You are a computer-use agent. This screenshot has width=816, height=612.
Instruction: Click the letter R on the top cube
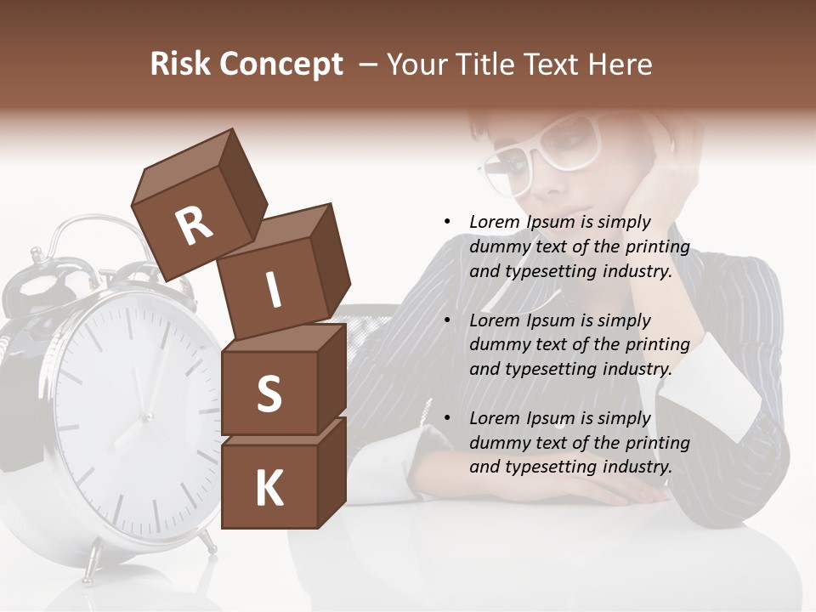[194, 226]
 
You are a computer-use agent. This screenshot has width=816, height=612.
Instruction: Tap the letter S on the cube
[269, 394]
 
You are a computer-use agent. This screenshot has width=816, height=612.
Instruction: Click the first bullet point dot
[447, 222]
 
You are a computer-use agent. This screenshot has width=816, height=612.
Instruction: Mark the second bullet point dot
[447, 320]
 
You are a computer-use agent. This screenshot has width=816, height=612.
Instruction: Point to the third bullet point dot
[447, 418]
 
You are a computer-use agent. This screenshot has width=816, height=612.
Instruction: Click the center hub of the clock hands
[146, 416]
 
